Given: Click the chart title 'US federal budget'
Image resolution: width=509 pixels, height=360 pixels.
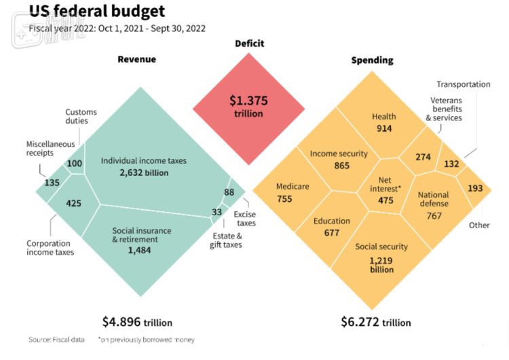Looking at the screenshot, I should (x=96, y=12).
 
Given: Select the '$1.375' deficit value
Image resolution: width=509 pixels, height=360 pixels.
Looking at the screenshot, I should (x=248, y=101).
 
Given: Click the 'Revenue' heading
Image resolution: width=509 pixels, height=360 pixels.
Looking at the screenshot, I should (x=136, y=59).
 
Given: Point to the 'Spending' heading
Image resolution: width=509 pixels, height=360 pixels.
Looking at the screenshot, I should (x=372, y=60).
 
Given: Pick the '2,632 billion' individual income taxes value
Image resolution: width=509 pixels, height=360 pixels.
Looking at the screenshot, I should (x=143, y=173).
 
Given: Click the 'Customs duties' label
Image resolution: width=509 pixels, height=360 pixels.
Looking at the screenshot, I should (x=81, y=117).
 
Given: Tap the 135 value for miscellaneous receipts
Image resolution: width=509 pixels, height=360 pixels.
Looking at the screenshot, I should (x=52, y=182).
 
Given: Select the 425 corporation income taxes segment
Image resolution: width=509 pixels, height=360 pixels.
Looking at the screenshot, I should (x=74, y=202).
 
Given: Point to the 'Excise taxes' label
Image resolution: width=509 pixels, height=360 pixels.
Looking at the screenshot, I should (x=245, y=218).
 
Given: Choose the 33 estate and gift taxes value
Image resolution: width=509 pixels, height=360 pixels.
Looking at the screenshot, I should (x=217, y=212).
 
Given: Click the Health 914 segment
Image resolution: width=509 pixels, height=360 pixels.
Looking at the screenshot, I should (x=383, y=122).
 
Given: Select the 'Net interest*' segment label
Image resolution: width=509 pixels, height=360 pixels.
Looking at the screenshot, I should (x=384, y=184).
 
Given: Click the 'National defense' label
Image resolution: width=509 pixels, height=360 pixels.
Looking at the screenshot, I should (x=434, y=199).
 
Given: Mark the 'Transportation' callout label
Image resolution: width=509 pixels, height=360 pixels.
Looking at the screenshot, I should (x=463, y=84).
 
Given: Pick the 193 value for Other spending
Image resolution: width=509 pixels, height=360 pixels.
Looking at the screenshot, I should (x=475, y=187).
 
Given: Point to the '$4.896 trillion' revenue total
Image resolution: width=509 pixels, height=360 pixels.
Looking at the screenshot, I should (x=138, y=322).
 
